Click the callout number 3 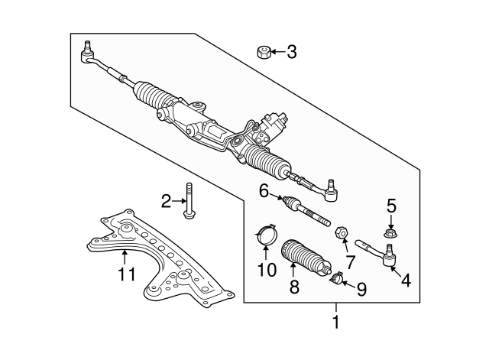pos(291,52)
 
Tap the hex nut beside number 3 pos(263,52)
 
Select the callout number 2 pos(165,202)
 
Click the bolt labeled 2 pos(189,200)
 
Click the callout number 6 pos(264,193)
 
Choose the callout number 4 pos(405,281)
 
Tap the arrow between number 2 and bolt pos(177,202)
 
